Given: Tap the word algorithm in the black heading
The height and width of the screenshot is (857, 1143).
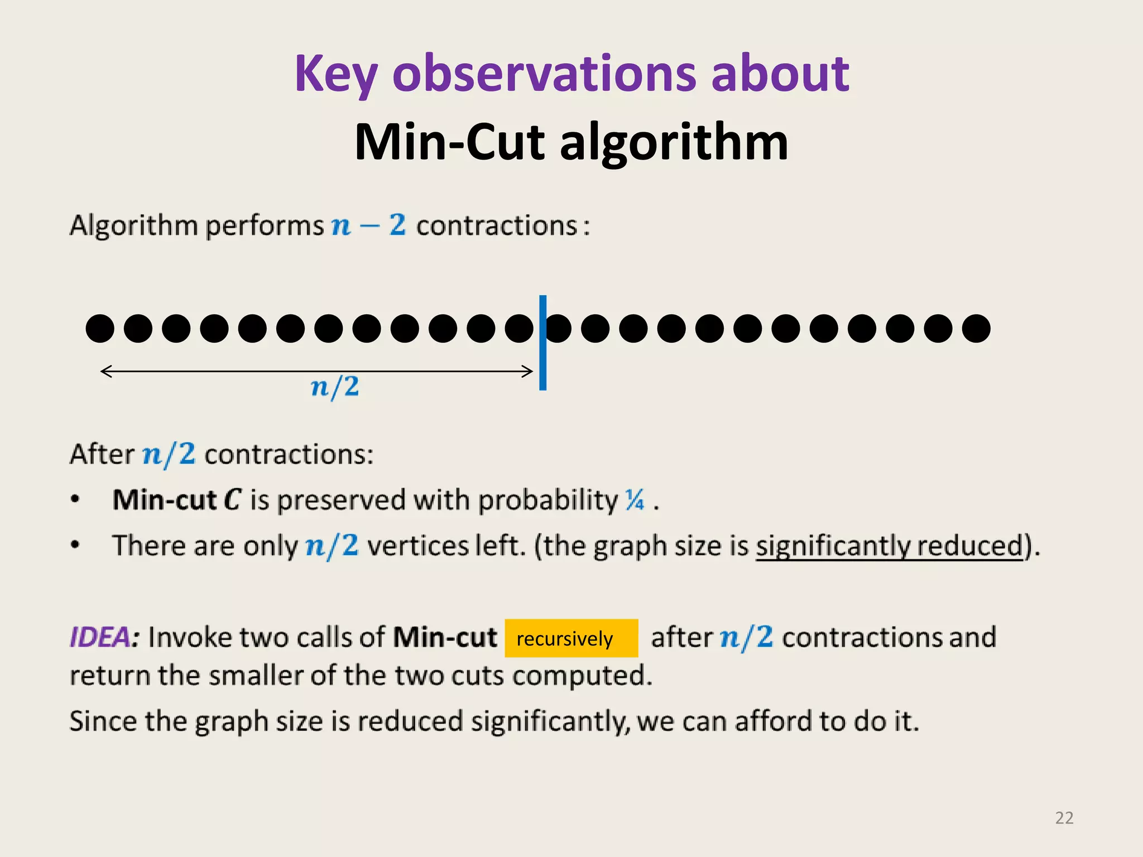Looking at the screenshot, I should click(x=674, y=142).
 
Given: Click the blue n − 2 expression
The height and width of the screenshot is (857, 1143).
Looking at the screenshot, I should click(x=368, y=225).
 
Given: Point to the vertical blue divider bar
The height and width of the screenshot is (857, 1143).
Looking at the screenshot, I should click(x=542, y=343).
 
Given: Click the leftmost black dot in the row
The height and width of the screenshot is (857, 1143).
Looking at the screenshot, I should click(x=100, y=328).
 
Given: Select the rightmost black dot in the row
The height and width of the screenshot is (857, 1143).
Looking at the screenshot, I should click(x=976, y=328).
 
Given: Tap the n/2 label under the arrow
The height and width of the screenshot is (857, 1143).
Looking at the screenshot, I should click(x=335, y=387).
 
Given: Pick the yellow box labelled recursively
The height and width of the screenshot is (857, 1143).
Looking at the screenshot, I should click(x=571, y=638).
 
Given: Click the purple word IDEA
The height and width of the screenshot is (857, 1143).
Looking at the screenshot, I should click(x=100, y=637).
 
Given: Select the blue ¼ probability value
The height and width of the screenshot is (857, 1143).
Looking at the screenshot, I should click(x=635, y=499).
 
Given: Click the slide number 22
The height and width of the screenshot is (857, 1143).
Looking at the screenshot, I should click(x=1064, y=818).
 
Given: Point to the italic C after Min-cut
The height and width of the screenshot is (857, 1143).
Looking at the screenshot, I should click(x=232, y=499).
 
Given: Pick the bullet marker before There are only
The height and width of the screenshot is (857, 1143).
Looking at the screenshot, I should click(x=75, y=545).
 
